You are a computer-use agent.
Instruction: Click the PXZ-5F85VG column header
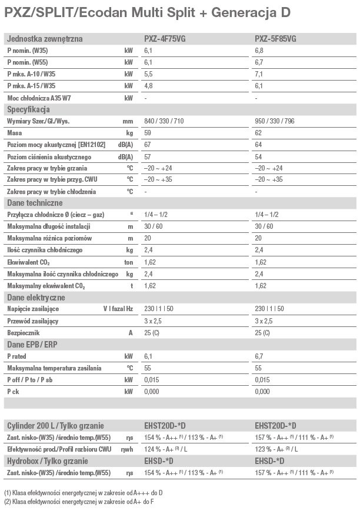click(275, 39)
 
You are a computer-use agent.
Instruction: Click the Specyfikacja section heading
click(28, 109)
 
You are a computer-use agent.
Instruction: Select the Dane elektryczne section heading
click(36, 298)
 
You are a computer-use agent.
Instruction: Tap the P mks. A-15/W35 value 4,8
click(148, 85)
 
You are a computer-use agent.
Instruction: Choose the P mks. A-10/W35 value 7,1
click(259, 74)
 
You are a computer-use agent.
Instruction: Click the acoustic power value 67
click(148, 145)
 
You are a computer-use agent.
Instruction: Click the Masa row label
click(14, 133)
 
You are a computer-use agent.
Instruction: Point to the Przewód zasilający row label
click(32, 321)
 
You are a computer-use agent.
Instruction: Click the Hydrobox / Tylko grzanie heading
click(46, 460)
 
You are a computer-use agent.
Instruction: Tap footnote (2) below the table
click(87, 500)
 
